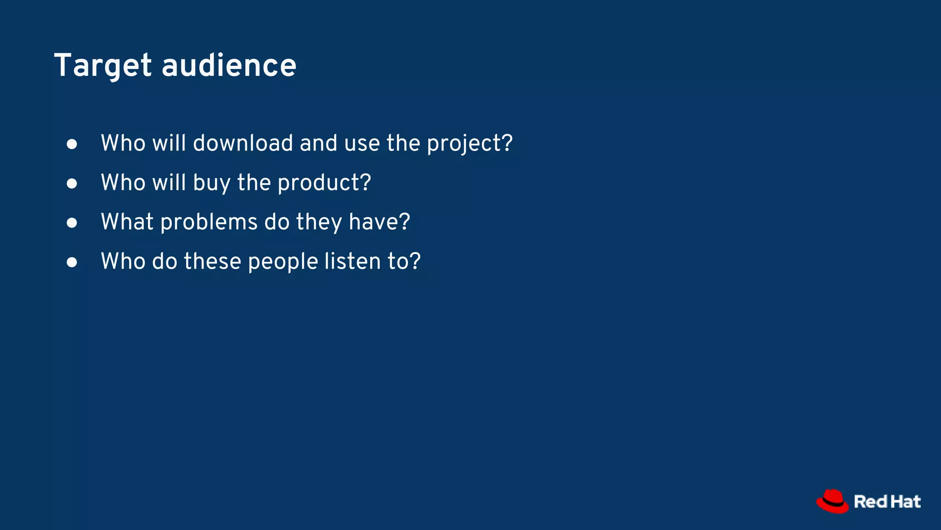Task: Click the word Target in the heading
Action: tap(102, 66)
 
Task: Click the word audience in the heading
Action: tap(229, 66)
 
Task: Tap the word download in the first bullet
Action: tap(243, 143)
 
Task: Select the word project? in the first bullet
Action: tap(470, 144)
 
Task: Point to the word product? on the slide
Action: tap(324, 183)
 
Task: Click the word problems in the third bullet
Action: tap(209, 222)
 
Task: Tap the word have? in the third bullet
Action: tap(379, 222)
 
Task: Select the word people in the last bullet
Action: tap(283, 262)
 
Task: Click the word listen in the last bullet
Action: tap(352, 261)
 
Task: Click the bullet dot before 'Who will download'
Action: tap(72, 144)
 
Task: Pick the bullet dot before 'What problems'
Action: tap(72, 223)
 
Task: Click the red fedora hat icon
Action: tap(832, 501)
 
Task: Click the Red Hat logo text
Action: tap(887, 501)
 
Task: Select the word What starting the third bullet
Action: tap(127, 222)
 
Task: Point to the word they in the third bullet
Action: tap(319, 222)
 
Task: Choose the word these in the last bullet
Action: tap(212, 261)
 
